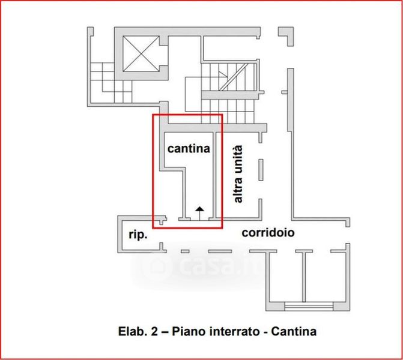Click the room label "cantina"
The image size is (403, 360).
[189, 148]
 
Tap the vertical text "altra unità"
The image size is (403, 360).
[237, 174]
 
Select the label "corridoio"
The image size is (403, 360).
[268, 232]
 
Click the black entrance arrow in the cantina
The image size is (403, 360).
[199, 209]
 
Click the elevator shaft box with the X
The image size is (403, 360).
[140, 52]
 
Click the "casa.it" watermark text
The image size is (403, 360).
[216, 265]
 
